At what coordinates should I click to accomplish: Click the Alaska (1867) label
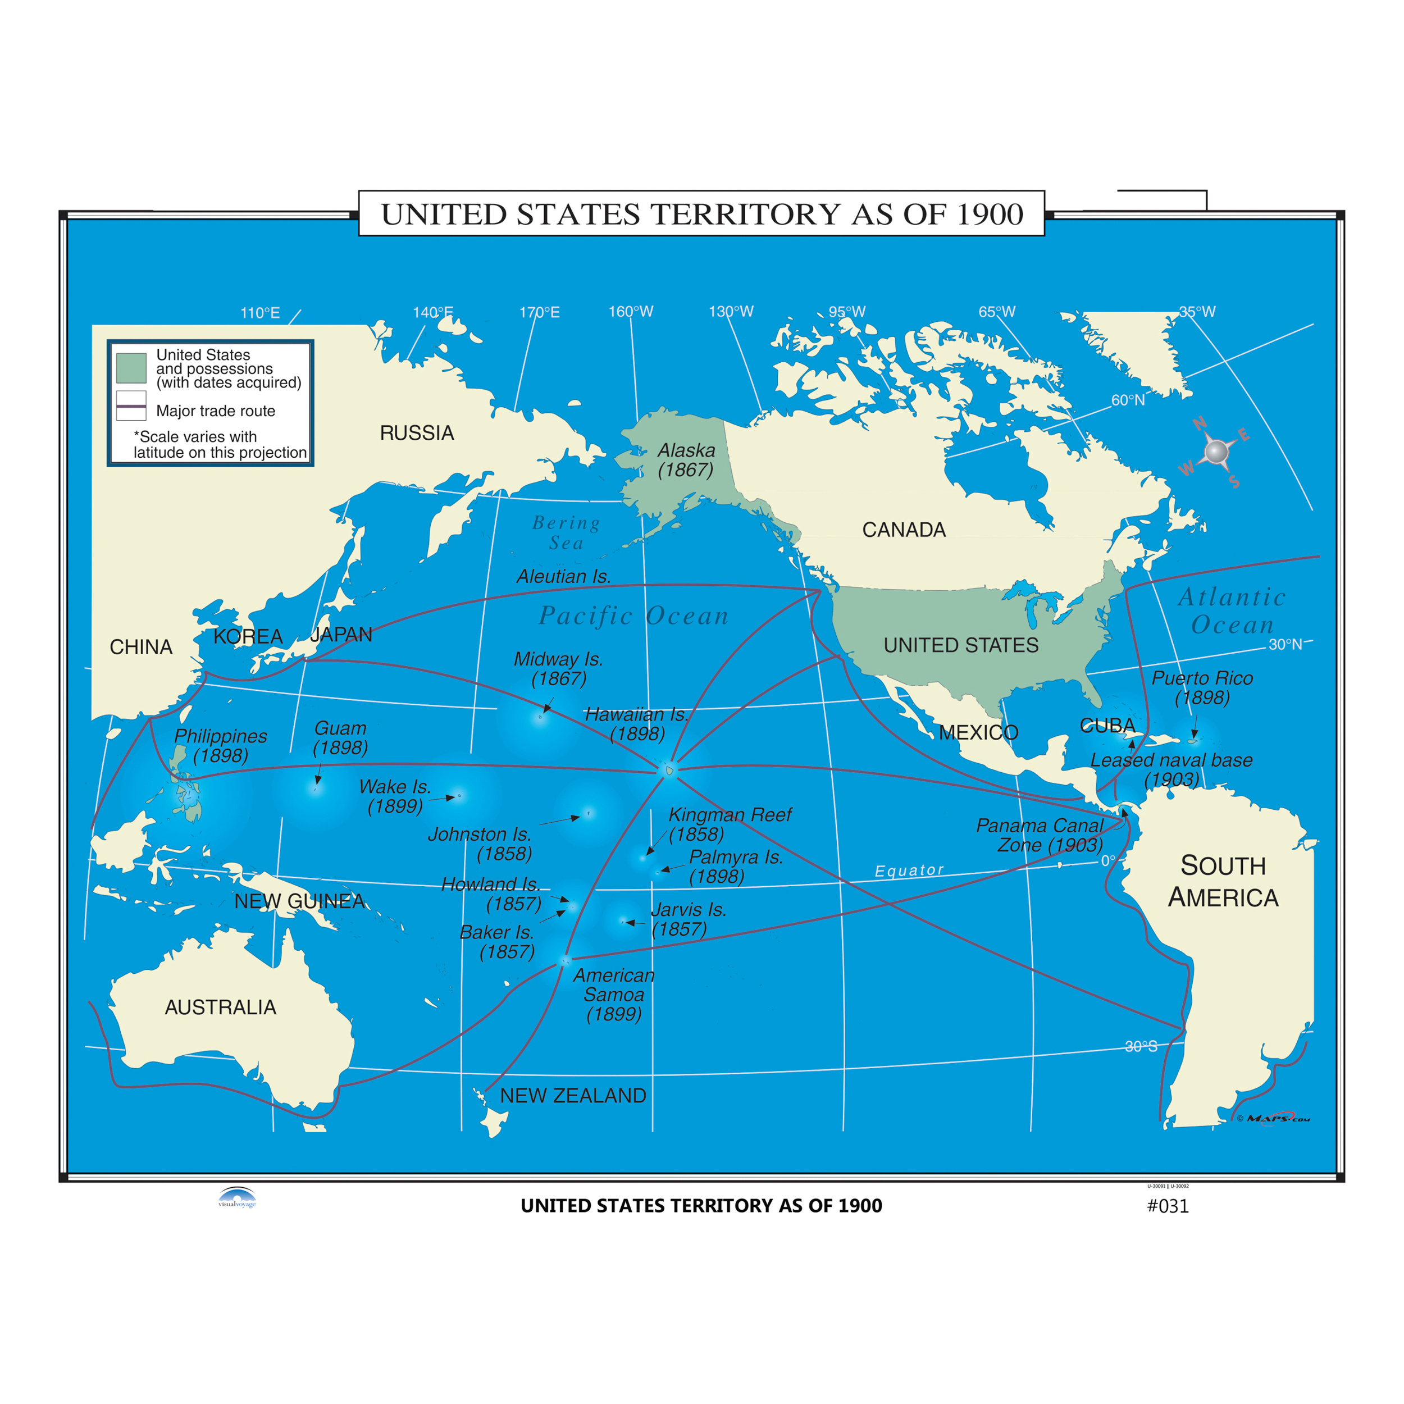[685, 460]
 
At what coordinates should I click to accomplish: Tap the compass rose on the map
[1216, 452]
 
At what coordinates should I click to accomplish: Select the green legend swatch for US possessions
[131, 368]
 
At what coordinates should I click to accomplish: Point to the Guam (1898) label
[340, 737]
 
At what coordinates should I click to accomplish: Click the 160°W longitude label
[630, 312]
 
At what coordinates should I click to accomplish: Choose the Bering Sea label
[566, 532]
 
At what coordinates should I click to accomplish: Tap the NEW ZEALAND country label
[573, 1095]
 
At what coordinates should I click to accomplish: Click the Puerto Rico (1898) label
[1202, 687]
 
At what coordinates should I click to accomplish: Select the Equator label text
[908, 870]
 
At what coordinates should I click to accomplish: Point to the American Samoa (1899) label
[613, 994]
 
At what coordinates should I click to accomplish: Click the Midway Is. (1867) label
[558, 668]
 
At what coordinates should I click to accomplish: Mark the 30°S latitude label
[1140, 1046]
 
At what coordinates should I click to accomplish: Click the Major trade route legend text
[215, 411]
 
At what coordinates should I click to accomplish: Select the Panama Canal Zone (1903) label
[1040, 835]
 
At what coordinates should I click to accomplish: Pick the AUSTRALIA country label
[220, 1006]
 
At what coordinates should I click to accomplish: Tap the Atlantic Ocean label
[1231, 610]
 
